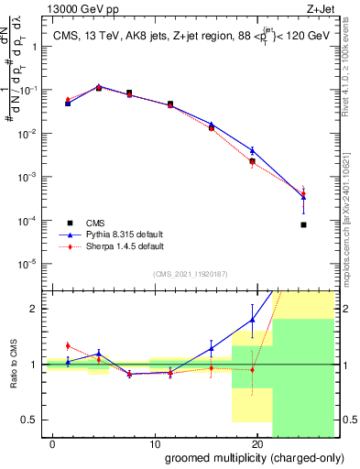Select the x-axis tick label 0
[x=53, y=442]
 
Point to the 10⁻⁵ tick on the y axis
[x=28, y=263]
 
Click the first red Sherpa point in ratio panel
[x=68, y=345]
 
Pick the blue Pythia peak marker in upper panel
[x=99, y=87]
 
